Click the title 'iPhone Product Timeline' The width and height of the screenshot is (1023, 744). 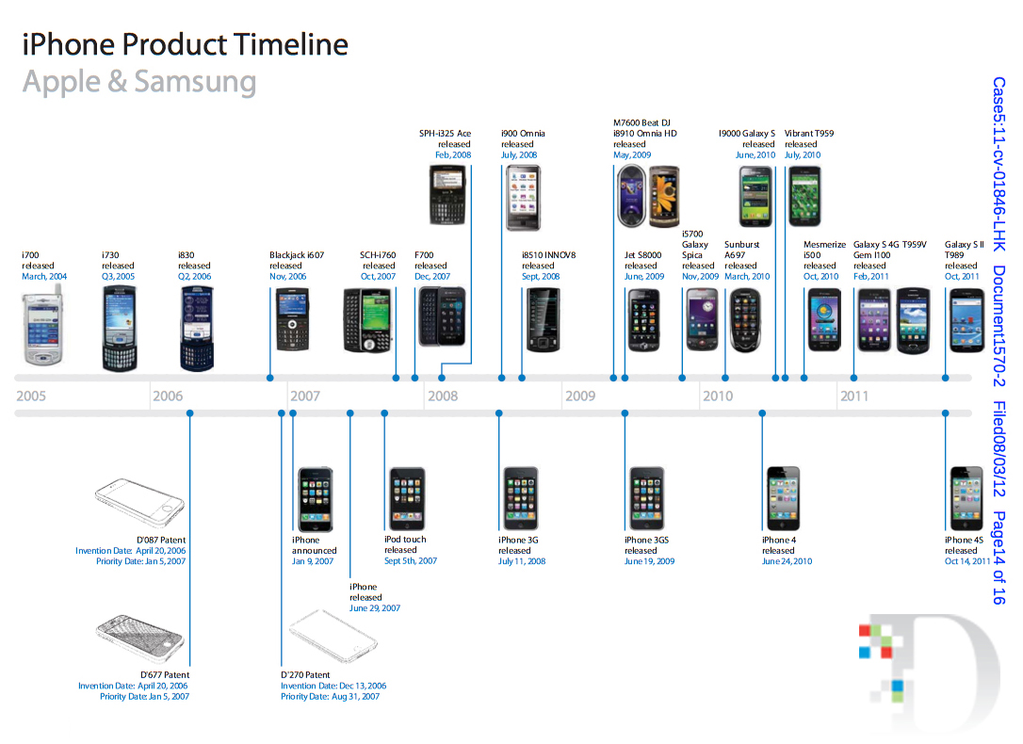pos(185,44)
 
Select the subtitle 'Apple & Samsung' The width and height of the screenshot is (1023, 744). pos(138,82)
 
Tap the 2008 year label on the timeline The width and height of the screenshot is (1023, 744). pos(443,396)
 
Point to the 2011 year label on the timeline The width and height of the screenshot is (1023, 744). pos(853,396)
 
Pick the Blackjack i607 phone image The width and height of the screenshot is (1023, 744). pos(292,319)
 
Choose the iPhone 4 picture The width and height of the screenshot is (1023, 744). pos(782,498)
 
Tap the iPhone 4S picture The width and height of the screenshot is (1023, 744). pos(966,498)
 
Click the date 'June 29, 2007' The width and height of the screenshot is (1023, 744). pos(374,608)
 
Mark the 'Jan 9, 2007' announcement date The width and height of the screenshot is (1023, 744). pos(313,561)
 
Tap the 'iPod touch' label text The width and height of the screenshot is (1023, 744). pos(405,540)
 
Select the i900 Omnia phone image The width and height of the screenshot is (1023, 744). pos(523,197)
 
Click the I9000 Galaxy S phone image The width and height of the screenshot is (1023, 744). pos(755,196)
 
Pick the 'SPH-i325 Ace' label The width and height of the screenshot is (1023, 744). pos(445,134)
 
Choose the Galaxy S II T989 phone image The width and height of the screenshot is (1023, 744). pos(966,320)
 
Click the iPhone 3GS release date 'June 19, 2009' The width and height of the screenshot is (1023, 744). pos(649,561)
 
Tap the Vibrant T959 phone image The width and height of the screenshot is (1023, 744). pos(804,196)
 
